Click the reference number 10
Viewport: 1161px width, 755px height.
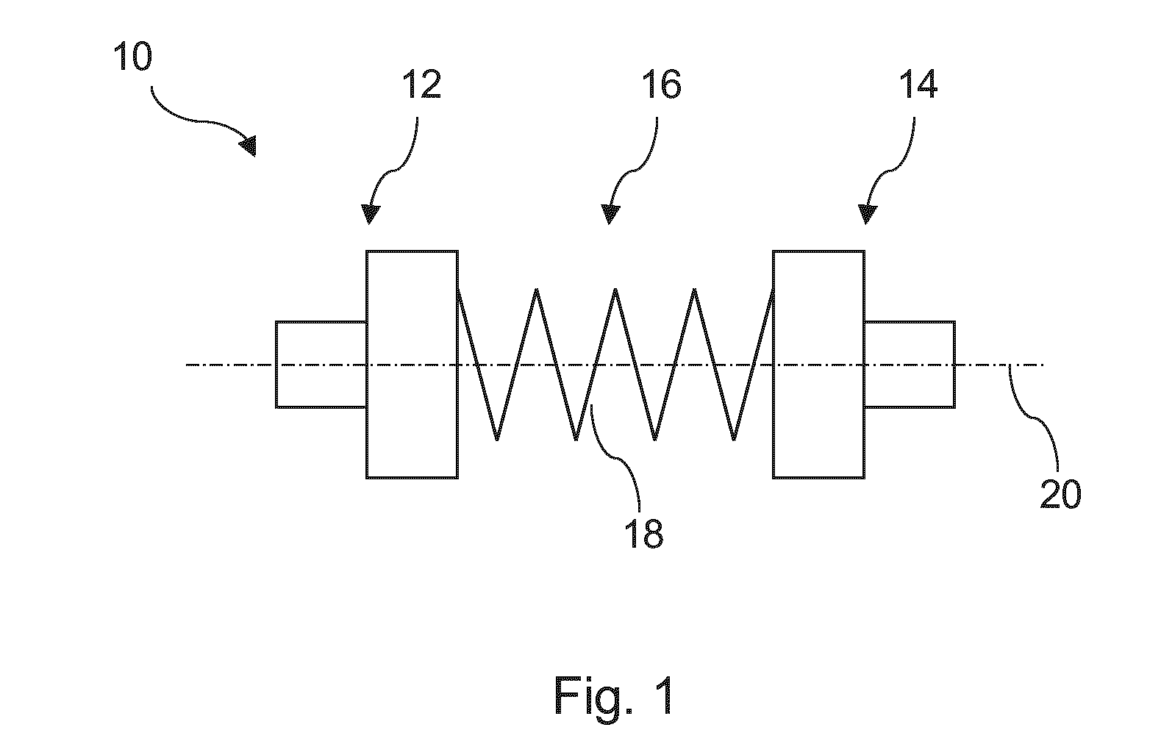tap(132, 57)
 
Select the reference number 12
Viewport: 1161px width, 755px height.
tap(422, 85)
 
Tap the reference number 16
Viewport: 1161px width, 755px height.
tap(661, 85)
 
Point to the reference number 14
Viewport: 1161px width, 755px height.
tap(918, 85)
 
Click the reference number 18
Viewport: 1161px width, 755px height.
tap(643, 534)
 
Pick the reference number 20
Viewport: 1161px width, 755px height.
tap(1060, 494)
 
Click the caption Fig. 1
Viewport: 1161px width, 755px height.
tap(614, 697)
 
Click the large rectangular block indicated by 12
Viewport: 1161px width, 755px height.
tap(412, 365)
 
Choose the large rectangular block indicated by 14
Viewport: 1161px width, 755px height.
tap(818, 365)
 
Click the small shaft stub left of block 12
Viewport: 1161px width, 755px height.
tap(321, 365)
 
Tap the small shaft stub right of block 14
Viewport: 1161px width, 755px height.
tap(910, 365)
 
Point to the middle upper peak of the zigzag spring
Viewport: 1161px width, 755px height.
tap(615, 290)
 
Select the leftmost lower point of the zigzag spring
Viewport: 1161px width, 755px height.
tap(497, 440)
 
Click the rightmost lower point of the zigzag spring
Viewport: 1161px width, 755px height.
tap(734, 440)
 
